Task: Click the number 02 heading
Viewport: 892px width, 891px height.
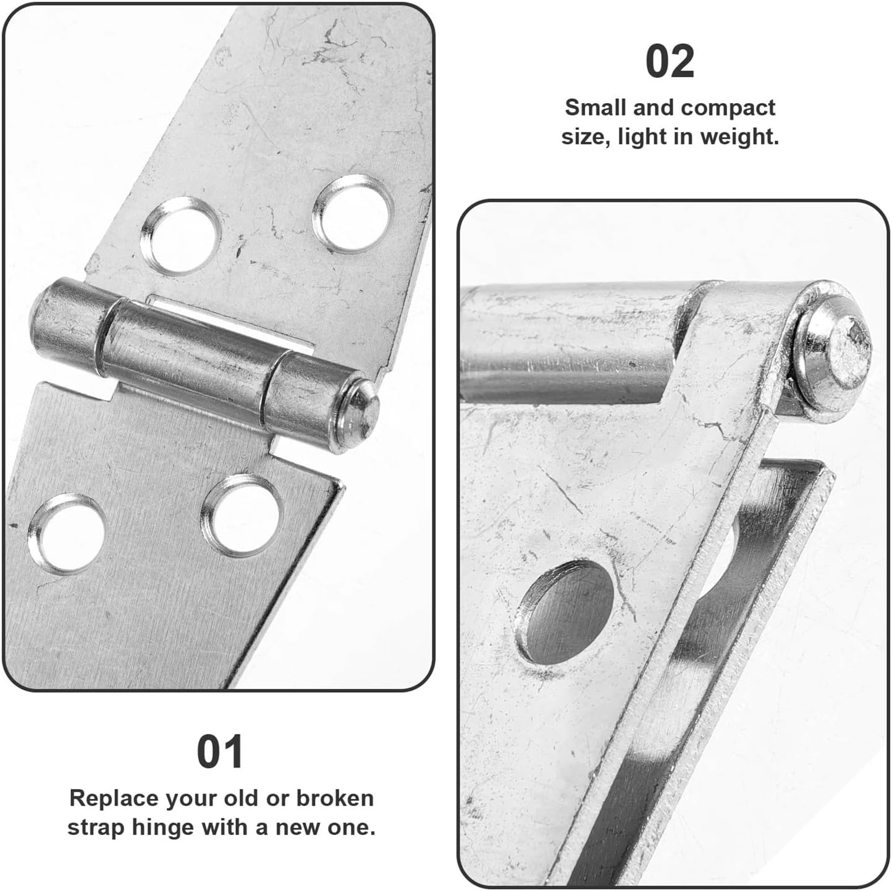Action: pyautogui.click(x=670, y=62)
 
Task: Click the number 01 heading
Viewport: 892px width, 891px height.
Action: pyautogui.click(x=220, y=751)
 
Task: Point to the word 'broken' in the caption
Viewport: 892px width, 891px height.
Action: pyautogui.click(x=335, y=798)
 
